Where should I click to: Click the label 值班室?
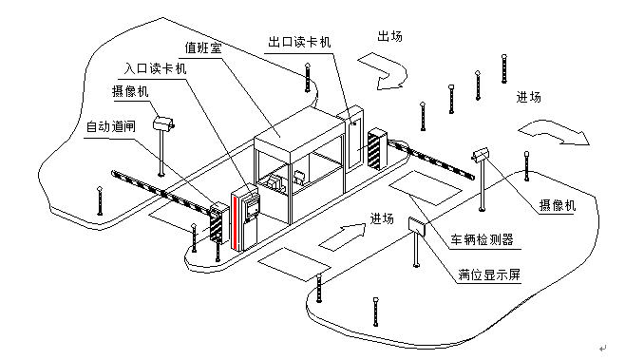pos(203,48)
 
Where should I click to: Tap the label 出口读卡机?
pos(299,42)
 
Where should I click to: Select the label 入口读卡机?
pos(155,68)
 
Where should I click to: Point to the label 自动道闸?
pos(111,126)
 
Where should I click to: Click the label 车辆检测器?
pos(483,239)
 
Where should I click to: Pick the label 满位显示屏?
pos(489,275)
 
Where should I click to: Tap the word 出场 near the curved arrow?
pos(389,36)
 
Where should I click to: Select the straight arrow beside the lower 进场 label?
pos(343,237)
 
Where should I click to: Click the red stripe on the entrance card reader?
pos(236,223)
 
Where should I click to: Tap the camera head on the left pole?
pos(164,123)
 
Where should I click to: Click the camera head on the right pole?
pos(480,154)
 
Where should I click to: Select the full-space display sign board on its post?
pos(417,226)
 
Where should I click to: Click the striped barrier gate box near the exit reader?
pos(378,149)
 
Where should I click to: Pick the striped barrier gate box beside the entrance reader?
pos(218,222)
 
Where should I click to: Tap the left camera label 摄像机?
pos(130,91)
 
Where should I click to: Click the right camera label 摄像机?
pos(558,205)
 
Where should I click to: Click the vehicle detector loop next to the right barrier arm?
pos(426,188)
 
